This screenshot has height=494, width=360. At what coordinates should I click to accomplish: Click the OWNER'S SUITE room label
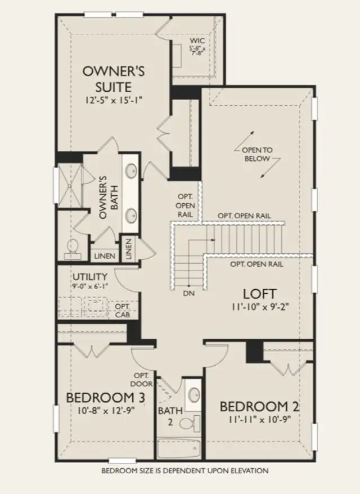(114, 79)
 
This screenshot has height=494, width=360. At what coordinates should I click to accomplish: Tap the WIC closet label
(197, 41)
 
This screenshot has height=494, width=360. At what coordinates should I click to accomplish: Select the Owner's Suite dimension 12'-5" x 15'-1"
(114, 100)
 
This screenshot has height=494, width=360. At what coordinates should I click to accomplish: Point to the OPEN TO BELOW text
(257, 154)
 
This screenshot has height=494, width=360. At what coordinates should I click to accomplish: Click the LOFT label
(260, 294)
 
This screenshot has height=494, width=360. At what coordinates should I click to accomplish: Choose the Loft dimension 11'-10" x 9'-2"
(260, 307)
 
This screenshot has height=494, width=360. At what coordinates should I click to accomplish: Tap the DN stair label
(188, 293)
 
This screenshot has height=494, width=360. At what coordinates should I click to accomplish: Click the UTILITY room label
(90, 277)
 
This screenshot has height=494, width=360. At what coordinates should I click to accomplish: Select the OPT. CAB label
(123, 311)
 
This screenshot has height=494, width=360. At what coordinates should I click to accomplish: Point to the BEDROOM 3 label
(106, 398)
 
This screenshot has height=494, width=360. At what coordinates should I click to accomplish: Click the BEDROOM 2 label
(259, 407)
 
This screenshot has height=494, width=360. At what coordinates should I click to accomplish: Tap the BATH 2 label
(170, 416)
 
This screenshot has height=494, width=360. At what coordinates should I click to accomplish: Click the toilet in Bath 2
(190, 423)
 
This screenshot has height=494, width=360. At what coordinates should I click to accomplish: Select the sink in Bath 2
(193, 394)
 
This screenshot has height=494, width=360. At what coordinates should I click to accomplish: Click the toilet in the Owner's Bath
(73, 249)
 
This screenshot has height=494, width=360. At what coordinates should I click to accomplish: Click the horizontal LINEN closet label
(105, 256)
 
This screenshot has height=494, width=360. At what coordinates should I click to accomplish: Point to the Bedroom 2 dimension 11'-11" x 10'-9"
(259, 420)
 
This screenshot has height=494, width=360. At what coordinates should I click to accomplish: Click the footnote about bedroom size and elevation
(185, 471)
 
